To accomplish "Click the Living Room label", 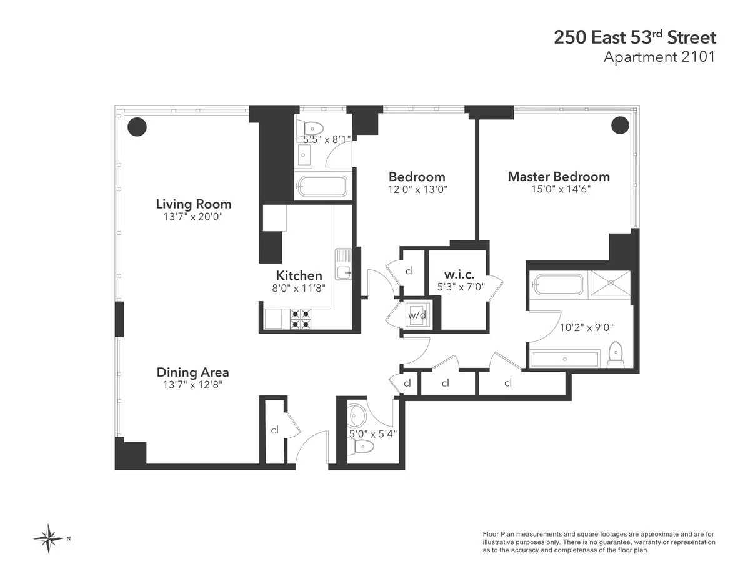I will pyautogui.click(x=193, y=204).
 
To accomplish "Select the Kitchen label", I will pyautogui.click(x=299, y=275).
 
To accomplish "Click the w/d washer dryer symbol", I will pyautogui.click(x=417, y=314).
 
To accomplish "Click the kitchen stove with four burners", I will pyautogui.click(x=301, y=319).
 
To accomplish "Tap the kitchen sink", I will pyautogui.click(x=344, y=265).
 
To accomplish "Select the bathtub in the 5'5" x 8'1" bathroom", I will pyautogui.click(x=322, y=186).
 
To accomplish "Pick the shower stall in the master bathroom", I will pyautogui.click(x=611, y=284).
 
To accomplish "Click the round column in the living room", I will pyautogui.click(x=137, y=126).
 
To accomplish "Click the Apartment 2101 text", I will pyautogui.click(x=659, y=57).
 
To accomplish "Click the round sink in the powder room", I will pyautogui.click(x=357, y=415).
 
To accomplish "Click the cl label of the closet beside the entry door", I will pyautogui.click(x=274, y=430).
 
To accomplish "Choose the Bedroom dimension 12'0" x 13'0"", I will pyautogui.click(x=417, y=189).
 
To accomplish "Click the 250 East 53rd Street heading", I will pyautogui.click(x=634, y=37).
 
